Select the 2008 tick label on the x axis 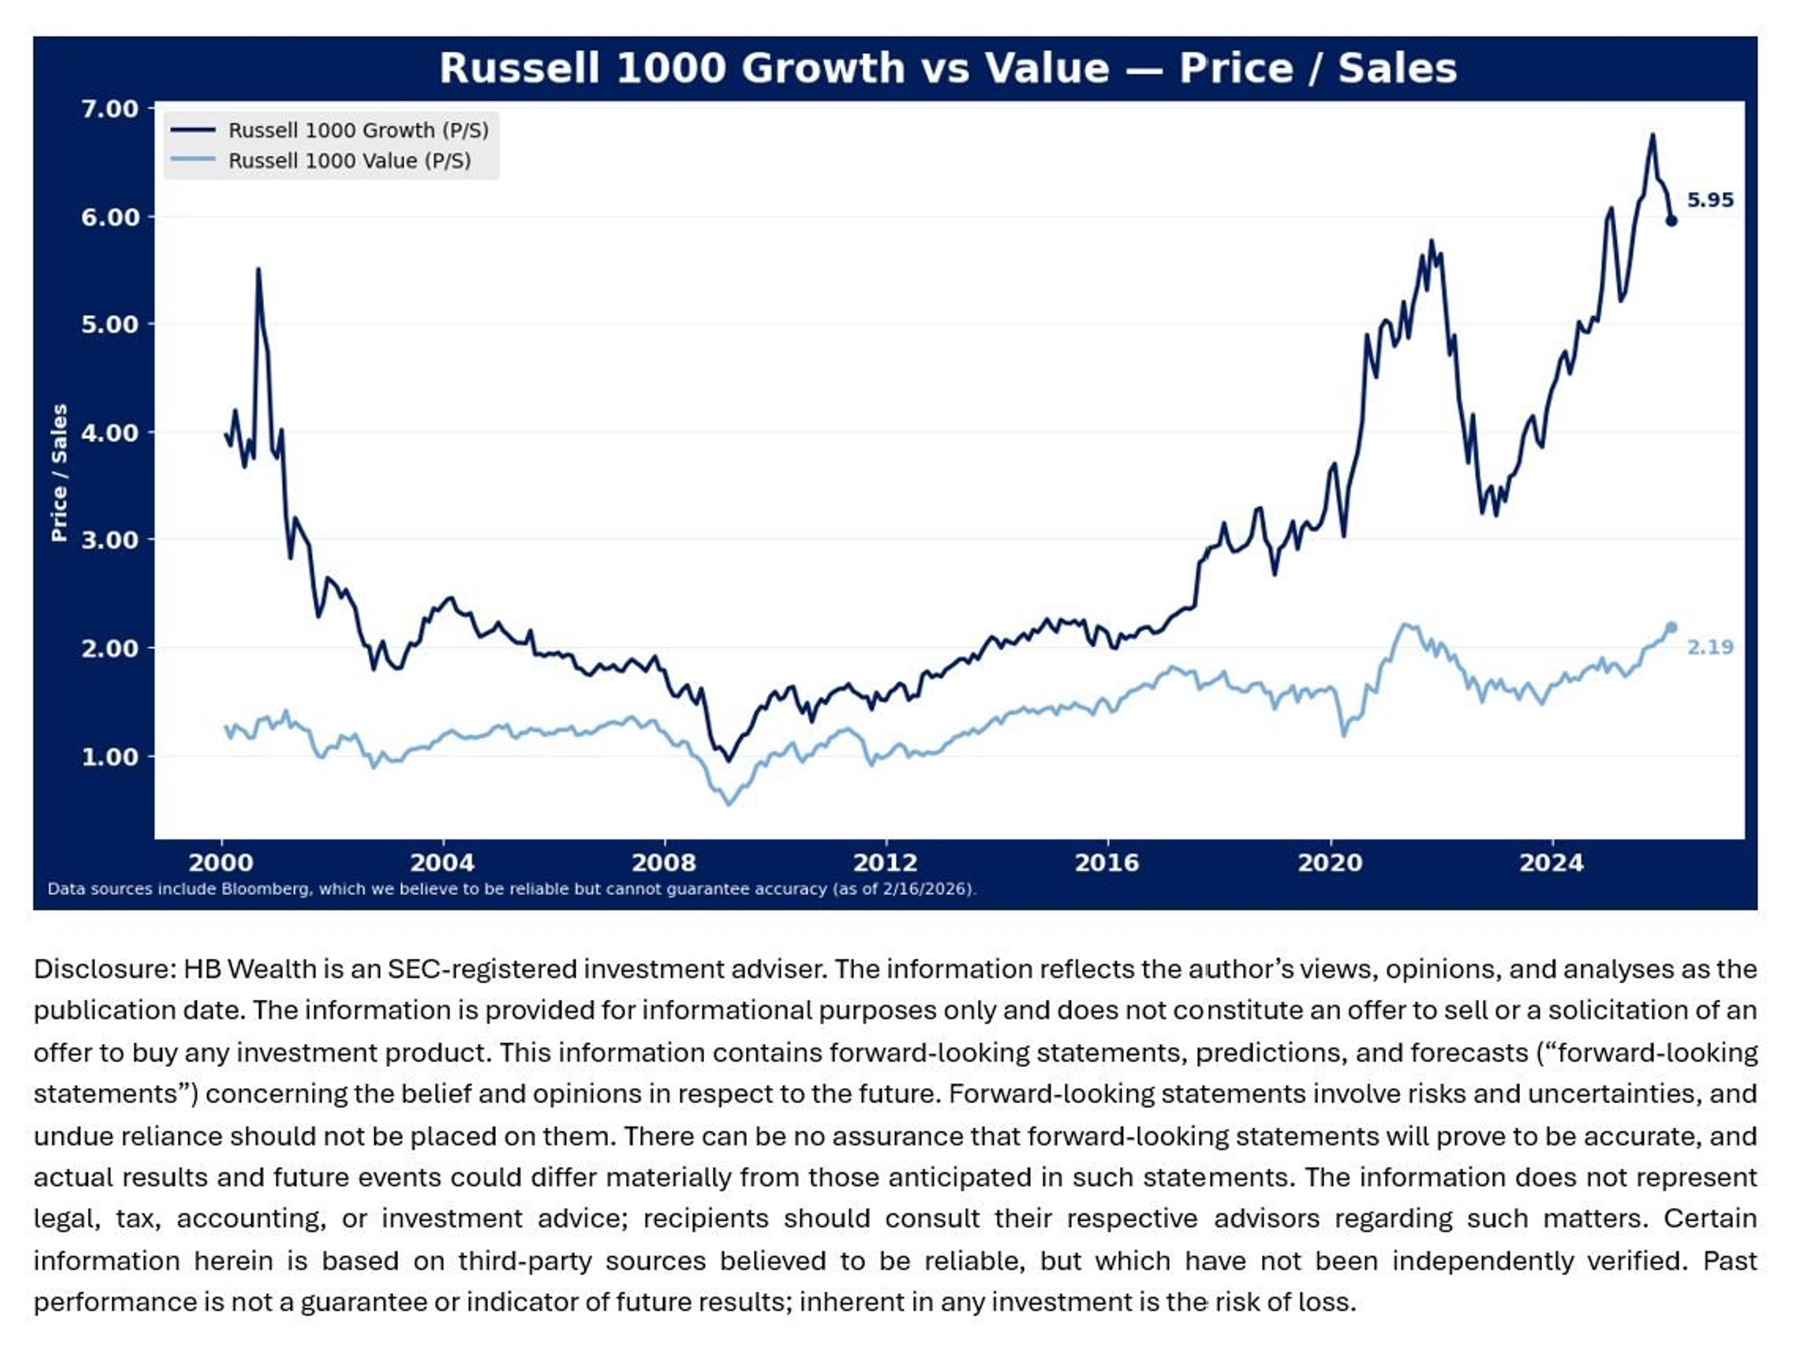(664, 863)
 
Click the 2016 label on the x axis (1106, 863)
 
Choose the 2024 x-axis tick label (1551, 863)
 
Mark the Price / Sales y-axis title (59, 473)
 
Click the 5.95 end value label (1709, 200)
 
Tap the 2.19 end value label (1709, 648)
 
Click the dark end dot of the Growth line (1671, 221)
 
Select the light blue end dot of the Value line (1672, 626)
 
